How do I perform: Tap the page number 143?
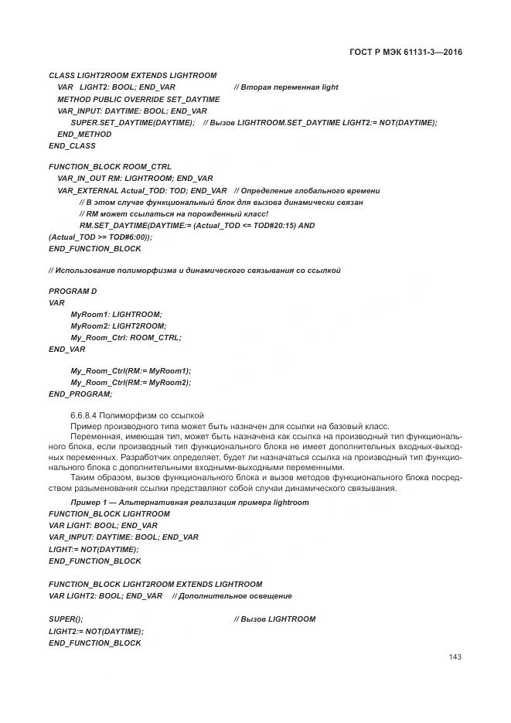[x=455, y=657]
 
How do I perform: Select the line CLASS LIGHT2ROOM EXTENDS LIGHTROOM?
[x=132, y=76]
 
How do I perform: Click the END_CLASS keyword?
[x=72, y=145]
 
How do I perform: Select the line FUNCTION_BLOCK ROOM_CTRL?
[x=110, y=167]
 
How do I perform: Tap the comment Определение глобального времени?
[x=307, y=190]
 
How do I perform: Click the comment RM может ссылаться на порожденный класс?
[x=174, y=213]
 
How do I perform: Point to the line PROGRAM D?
[x=72, y=291]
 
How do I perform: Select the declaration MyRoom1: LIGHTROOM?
[x=116, y=314]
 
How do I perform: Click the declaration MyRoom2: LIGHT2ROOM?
[x=118, y=326]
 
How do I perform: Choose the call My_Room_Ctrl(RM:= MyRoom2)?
[x=131, y=382]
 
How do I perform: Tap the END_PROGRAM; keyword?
[x=80, y=394]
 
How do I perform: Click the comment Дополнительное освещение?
[x=232, y=595]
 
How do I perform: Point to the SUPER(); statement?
[x=66, y=619]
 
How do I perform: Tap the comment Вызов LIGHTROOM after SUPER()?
[x=274, y=619]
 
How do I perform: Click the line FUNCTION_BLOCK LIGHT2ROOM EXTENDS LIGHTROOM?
[x=155, y=584]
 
